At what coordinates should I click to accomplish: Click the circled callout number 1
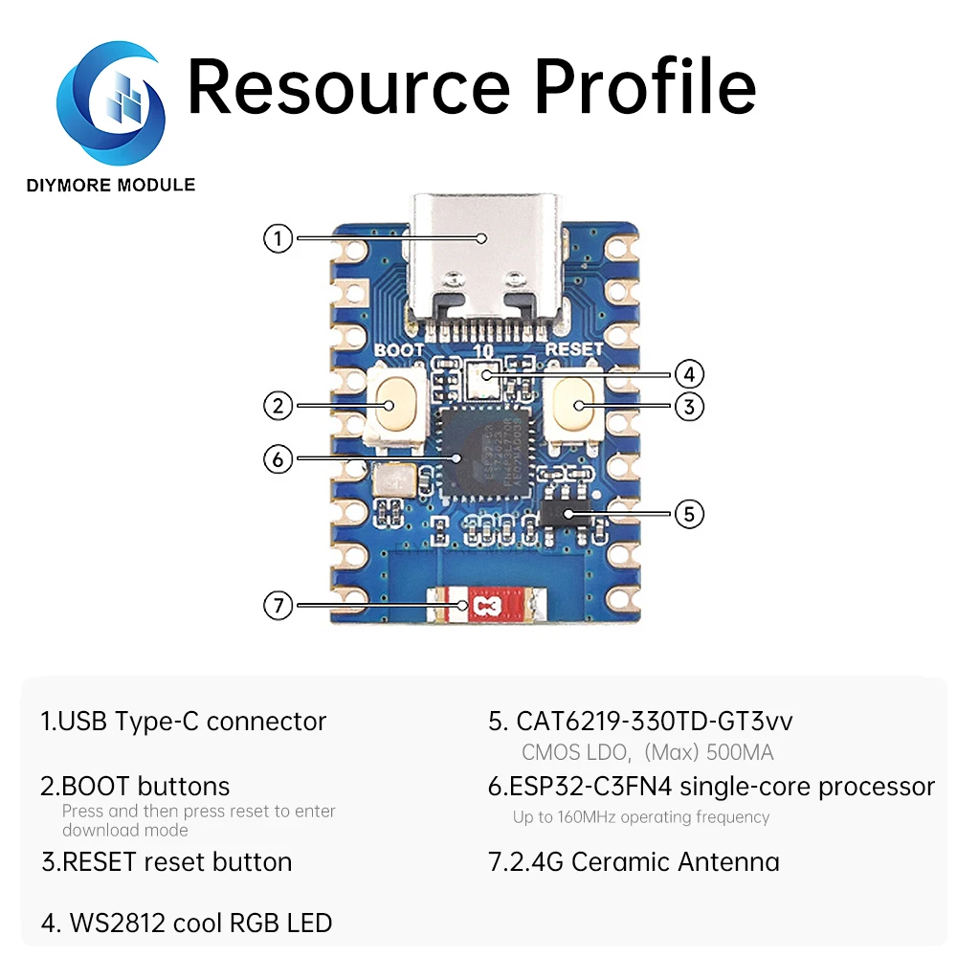coord(278,237)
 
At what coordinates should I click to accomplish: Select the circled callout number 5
coord(689,514)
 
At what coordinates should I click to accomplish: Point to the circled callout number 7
coord(278,605)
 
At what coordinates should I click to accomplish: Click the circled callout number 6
coord(278,459)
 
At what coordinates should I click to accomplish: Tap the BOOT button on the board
coord(390,406)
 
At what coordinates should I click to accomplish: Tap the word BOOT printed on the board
coord(398,350)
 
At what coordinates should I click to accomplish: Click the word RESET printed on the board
coord(574,350)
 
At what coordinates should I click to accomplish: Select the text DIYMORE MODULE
coord(111,185)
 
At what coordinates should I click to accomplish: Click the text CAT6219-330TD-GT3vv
coord(655,721)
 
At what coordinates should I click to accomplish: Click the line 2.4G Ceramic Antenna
coord(634,861)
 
